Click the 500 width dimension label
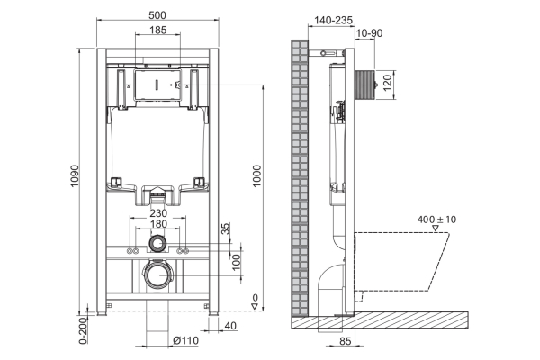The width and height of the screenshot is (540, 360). coord(158,15)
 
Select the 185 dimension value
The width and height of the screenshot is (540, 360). coord(158,31)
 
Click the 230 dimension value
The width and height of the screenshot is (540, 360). coord(158,212)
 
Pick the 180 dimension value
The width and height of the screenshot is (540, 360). coord(158,224)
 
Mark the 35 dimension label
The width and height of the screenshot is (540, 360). coord(226,229)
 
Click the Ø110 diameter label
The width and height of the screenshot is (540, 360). coord(184,340)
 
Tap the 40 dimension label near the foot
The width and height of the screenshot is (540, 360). coord(230,326)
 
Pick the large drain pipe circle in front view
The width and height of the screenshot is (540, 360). coord(158,274)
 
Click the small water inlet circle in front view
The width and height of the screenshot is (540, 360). coord(158,242)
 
